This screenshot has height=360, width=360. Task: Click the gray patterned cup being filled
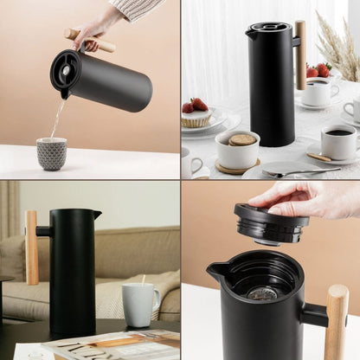point(51,153)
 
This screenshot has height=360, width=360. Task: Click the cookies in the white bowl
point(241,139)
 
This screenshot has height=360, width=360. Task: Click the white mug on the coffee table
point(138,305)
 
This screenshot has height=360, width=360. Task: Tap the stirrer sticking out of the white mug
point(142,280)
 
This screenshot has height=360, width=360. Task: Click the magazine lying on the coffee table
point(112,344)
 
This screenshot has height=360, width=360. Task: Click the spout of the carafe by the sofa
point(97,214)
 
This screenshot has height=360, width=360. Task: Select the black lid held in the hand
point(271,224)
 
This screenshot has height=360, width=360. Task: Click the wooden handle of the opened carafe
point(336,322)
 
